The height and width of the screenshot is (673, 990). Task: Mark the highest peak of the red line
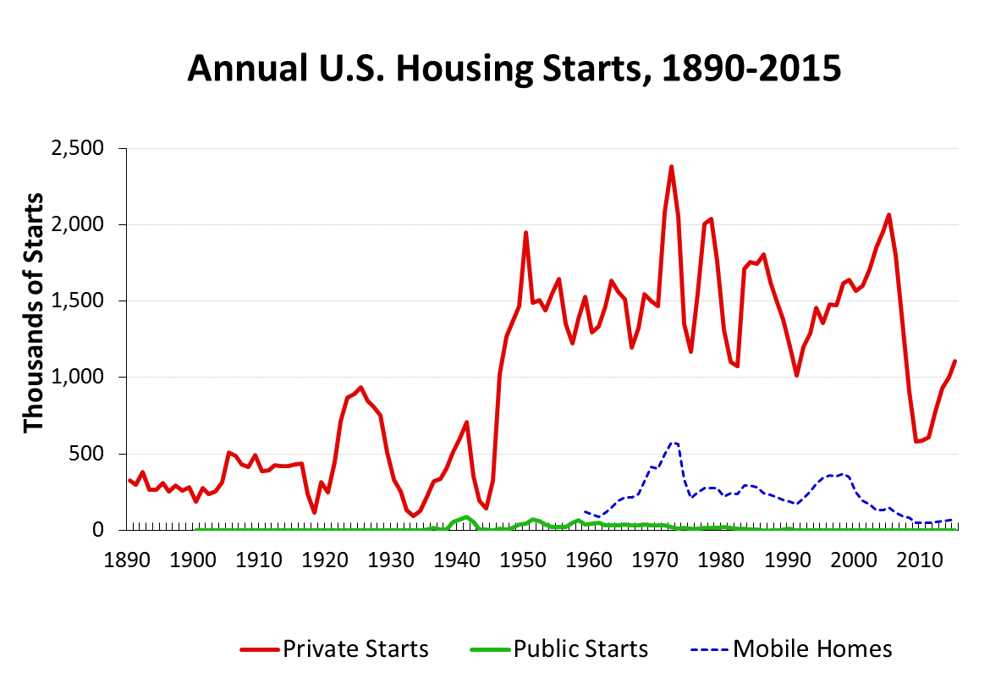coord(671,167)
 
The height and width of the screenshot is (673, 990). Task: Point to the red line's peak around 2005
coord(888,215)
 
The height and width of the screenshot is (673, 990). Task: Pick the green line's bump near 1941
coord(466,516)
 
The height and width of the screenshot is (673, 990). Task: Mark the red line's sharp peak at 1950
coord(525,232)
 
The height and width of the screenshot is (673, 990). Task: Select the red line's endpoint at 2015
coord(954,361)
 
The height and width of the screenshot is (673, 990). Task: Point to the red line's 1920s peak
coord(361,388)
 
